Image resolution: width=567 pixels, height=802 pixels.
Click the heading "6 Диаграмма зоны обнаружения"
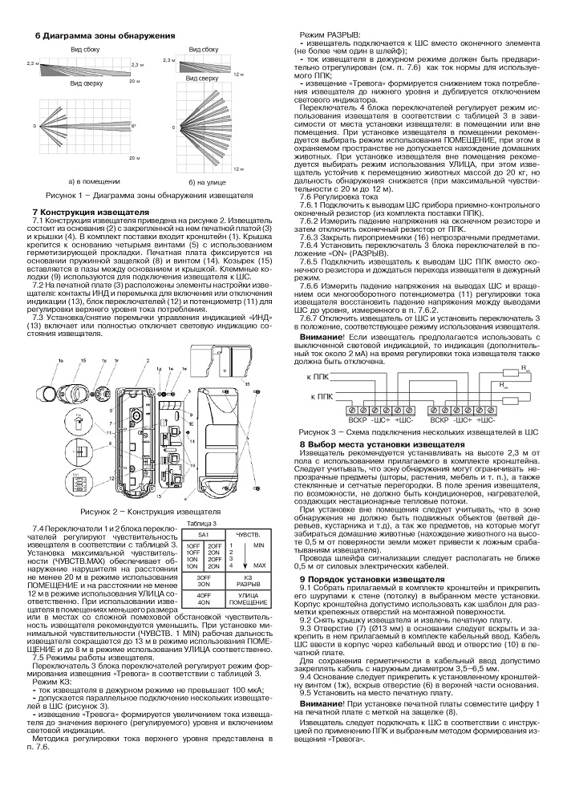[104, 37]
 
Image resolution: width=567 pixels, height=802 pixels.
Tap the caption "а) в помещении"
[75, 182]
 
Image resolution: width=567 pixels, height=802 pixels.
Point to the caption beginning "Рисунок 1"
[148, 195]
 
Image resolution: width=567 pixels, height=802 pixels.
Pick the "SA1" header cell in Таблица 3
[204, 533]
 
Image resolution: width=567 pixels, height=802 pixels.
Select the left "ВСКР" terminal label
[354, 419]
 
